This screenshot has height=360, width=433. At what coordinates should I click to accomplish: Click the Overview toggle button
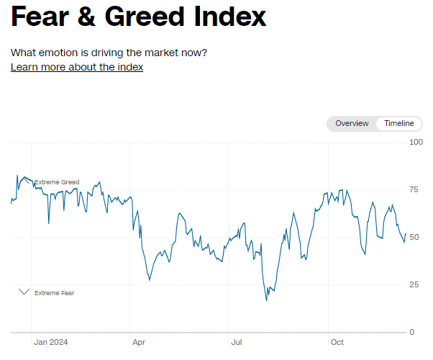point(352,123)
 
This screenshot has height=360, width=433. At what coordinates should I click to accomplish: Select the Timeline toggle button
point(399,123)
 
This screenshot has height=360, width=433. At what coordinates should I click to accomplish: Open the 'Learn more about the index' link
point(77,67)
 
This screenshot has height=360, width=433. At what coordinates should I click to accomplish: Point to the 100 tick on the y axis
point(416,142)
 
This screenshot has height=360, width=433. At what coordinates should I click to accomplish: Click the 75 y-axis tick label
point(414,189)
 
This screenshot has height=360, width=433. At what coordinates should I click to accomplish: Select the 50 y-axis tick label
point(414,237)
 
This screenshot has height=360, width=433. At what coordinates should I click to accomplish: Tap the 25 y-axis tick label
point(414,284)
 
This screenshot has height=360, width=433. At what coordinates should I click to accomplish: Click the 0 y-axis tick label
point(411,332)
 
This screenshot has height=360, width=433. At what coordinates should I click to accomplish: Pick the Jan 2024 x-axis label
point(50,342)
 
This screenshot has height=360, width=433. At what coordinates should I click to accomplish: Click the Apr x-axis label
point(139,342)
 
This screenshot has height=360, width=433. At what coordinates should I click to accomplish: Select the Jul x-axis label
point(236,342)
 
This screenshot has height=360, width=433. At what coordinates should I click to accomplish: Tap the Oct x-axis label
point(336,342)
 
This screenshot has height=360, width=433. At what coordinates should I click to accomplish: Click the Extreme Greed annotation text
point(57,182)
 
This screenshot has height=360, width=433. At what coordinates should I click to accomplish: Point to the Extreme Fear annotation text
point(55,293)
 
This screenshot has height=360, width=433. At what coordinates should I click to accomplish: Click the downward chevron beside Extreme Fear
point(24,292)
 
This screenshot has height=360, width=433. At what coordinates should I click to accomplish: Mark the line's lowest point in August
point(267,300)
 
